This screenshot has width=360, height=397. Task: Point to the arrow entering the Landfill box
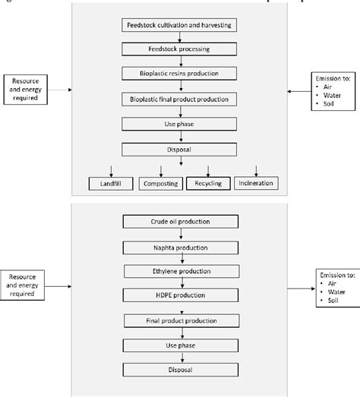[112, 169]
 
